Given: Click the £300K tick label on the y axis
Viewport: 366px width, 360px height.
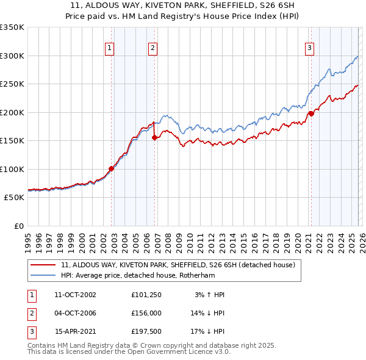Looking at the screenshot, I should (x=12, y=56).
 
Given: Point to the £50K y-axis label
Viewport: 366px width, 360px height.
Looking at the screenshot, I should (x=13, y=198).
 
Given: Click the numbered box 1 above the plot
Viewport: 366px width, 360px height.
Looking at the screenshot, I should (x=109, y=48).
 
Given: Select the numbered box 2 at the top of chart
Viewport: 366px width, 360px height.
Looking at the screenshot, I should (x=152, y=48).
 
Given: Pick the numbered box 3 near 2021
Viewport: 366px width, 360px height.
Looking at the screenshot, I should (x=309, y=48).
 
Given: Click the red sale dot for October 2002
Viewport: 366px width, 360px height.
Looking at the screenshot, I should (x=111, y=168).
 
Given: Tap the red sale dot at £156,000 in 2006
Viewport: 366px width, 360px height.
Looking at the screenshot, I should (x=154, y=137).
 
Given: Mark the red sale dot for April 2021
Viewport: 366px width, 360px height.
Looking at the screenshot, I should (x=310, y=113).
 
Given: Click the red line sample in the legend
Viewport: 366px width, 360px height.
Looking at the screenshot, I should (x=43, y=265).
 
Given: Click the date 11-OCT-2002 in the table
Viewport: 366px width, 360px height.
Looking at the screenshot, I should (x=75, y=295).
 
